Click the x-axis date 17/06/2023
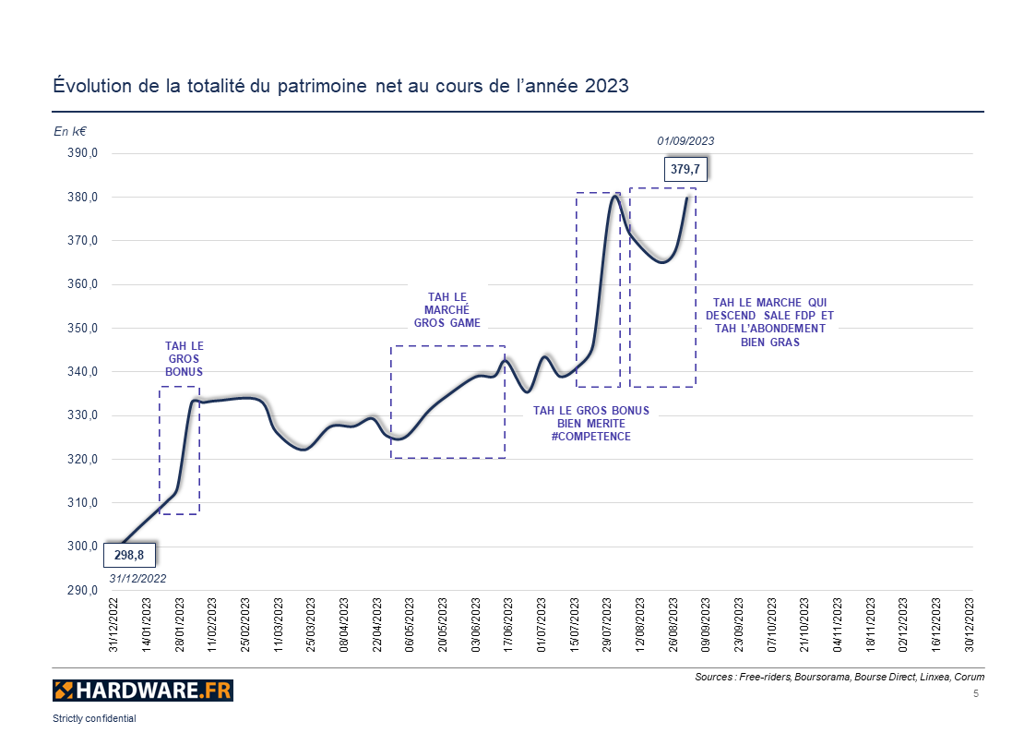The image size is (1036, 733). (507, 627)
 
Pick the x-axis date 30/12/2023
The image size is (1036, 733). (969, 627)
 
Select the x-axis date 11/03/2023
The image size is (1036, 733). (278, 627)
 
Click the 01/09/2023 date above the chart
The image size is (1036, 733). (685, 141)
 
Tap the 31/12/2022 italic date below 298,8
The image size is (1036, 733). (137, 579)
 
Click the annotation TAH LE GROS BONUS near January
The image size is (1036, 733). (184, 358)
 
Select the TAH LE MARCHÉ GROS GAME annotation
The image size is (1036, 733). (447, 310)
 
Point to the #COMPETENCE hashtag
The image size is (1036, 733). (591, 436)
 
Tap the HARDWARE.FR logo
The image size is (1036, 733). (143, 690)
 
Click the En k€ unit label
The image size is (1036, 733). (70, 132)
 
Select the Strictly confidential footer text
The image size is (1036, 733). (94, 718)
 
